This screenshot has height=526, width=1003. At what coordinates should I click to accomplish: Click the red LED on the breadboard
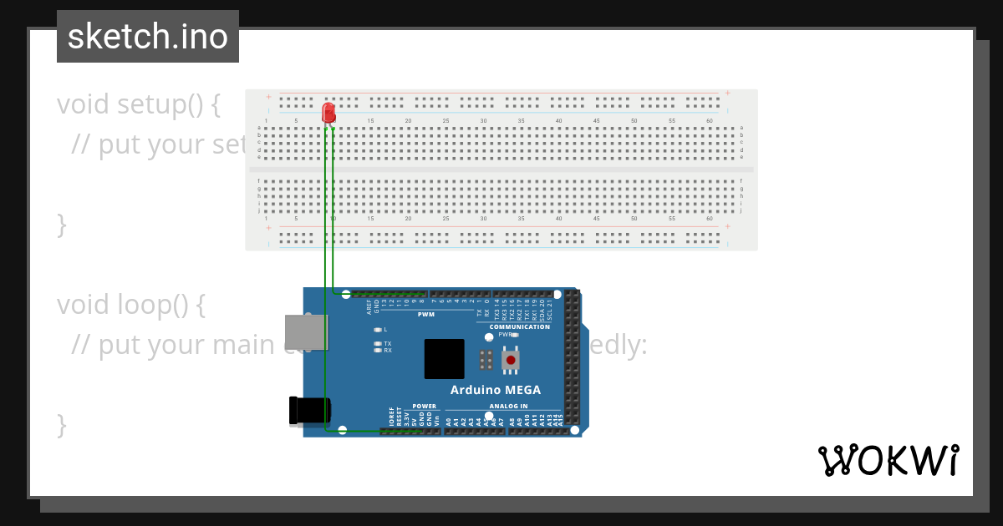[x=328, y=113]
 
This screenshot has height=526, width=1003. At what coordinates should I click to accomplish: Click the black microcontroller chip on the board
[x=443, y=359]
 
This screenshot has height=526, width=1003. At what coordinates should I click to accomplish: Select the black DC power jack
[x=308, y=410]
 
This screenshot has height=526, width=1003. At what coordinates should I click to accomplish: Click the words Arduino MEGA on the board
[x=495, y=390]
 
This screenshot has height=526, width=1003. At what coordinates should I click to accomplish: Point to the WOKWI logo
[x=888, y=460]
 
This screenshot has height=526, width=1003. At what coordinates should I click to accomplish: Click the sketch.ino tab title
[x=148, y=37]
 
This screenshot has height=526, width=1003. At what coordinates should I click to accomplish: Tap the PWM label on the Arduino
[x=426, y=315]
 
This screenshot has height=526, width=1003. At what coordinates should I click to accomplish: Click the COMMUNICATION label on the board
[x=519, y=326]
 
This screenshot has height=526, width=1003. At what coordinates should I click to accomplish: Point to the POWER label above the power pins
[x=424, y=407]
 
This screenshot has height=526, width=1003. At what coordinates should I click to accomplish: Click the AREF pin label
[x=369, y=306]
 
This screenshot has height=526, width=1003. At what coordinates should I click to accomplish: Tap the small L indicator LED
[x=378, y=330]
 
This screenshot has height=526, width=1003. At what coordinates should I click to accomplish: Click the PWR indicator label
[x=504, y=334]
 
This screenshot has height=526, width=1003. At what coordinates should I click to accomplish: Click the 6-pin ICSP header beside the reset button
[x=485, y=361]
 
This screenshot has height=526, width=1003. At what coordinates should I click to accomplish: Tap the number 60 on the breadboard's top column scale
[x=709, y=122]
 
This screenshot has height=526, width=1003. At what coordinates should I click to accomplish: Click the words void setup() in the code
[x=139, y=104]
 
